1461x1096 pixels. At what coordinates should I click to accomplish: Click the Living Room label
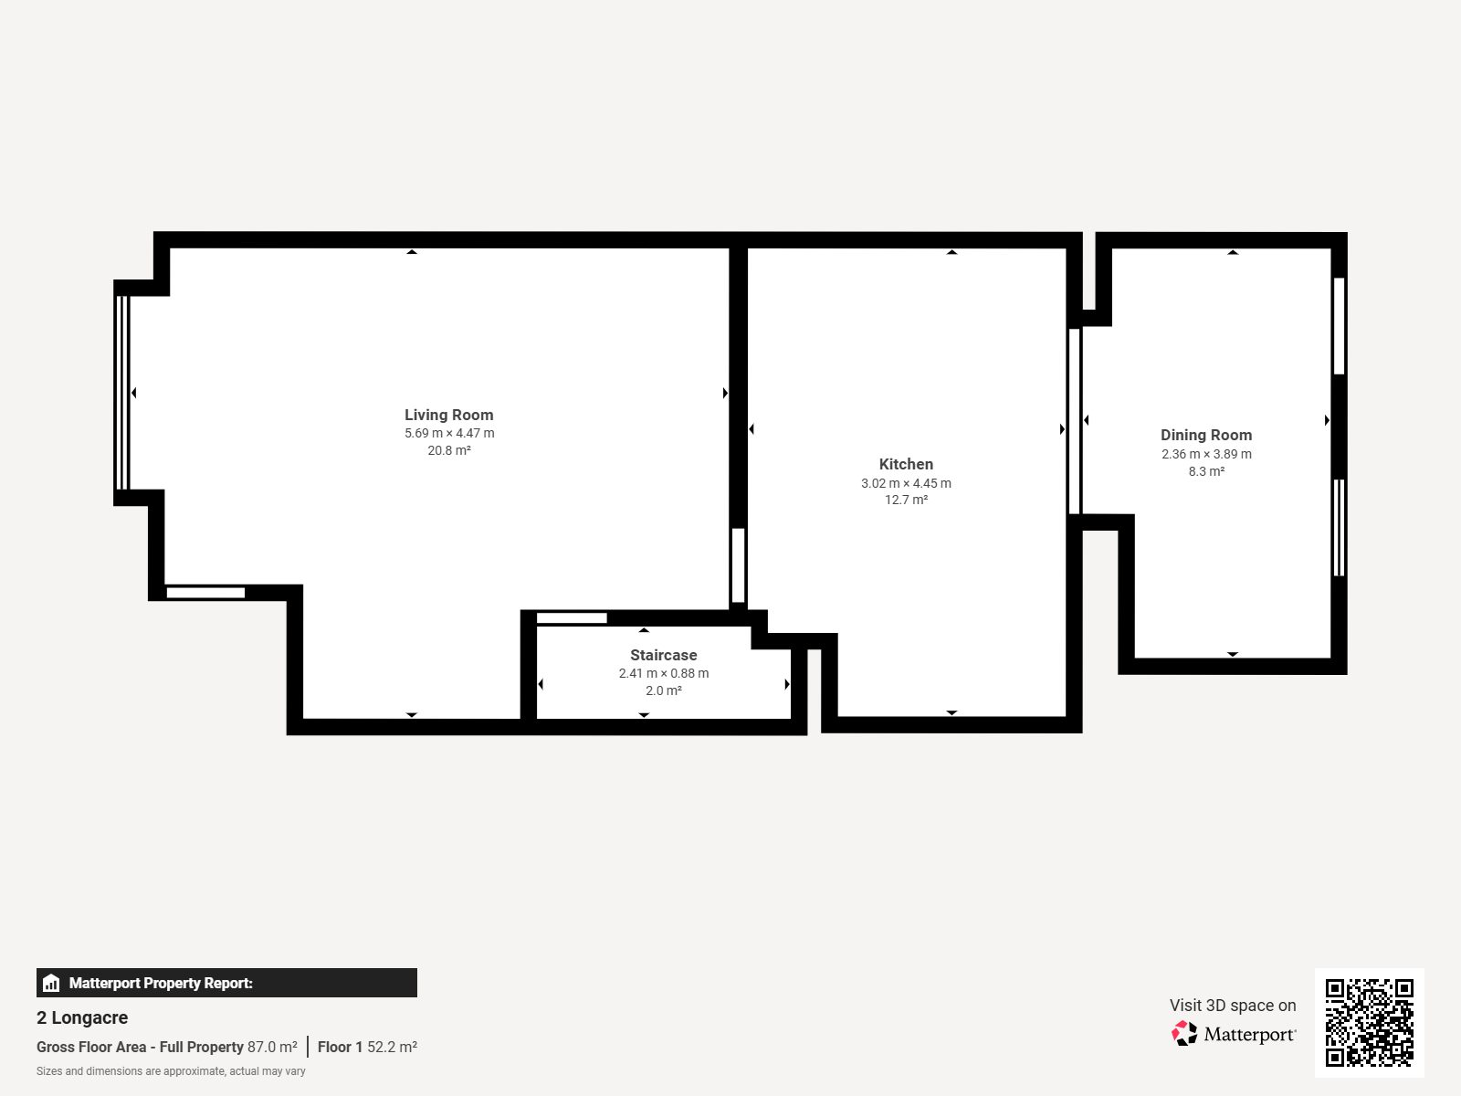[x=448, y=415]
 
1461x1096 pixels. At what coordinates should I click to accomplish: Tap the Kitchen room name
[x=906, y=464]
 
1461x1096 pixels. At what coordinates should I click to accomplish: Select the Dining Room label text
[x=1206, y=436]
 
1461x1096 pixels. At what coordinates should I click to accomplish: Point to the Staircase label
[x=664, y=655]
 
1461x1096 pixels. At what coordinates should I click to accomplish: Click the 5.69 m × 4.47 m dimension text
[x=449, y=433]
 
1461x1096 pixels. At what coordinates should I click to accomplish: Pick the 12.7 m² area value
[x=906, y=500]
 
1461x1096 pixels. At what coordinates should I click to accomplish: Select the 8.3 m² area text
[x=1207, y=471]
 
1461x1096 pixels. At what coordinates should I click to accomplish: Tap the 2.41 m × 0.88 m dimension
[x=664, y=673]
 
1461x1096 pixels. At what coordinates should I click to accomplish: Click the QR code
[x=1369, y=1022]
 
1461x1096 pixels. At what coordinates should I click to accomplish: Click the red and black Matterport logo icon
[x=1184, y=1034]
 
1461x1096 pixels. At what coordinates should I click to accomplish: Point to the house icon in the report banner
[x=51, y=983]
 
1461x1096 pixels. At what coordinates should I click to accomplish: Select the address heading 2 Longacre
[x=82, y=1017]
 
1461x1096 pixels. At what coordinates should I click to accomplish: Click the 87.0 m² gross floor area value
[x=272, y=1047]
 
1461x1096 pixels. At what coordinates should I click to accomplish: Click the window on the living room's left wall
[x=121, y=393]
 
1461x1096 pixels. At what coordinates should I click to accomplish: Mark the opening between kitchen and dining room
[x=1074, y=420]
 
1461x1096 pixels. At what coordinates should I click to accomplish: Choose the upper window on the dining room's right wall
[x=1340, y=326]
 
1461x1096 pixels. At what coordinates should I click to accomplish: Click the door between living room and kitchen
[x=738, y=565]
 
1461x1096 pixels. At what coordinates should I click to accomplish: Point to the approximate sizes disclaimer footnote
[x=171, y=1071]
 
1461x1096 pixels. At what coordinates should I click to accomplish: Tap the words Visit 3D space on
[x=1233, y=1006]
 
